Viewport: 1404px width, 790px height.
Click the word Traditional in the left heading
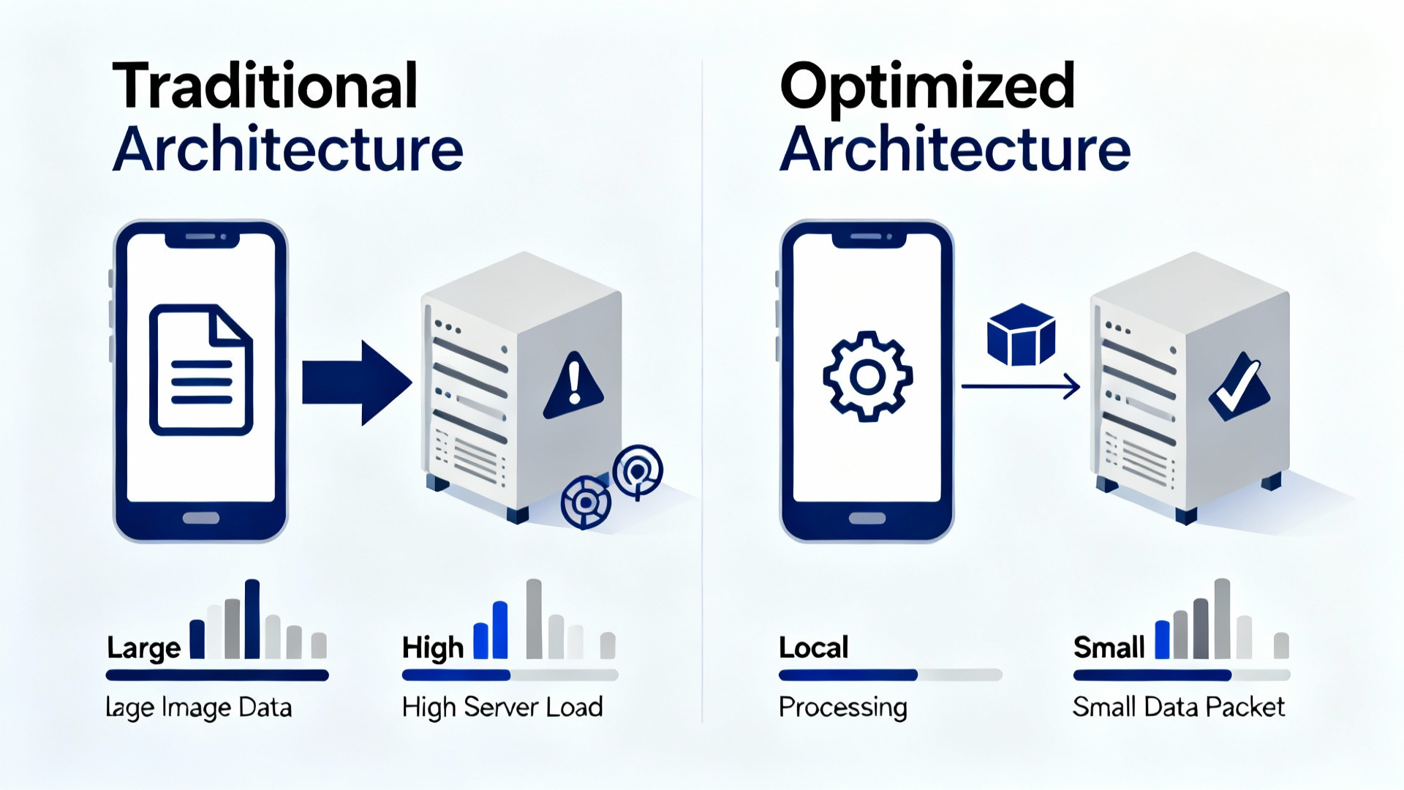(265, 86)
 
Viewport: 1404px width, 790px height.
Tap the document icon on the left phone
(201, 370)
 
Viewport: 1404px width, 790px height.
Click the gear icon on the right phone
(867, 376)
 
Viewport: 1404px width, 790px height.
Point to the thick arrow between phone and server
(355, 383)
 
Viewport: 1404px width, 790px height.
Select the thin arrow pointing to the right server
(1020, 385)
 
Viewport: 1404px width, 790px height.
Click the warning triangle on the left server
(574, 385)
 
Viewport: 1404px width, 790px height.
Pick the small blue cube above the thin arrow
(1021, 334)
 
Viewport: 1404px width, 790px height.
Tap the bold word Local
(813, 647)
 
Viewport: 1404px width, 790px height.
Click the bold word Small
(1109, 647)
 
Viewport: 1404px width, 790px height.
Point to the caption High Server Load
(502, 707)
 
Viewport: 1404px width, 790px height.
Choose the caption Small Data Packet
(1178, 707)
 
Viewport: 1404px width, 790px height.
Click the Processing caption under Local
(842, 707)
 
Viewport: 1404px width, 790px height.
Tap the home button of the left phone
(201, 518)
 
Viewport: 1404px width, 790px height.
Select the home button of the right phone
(867, 518)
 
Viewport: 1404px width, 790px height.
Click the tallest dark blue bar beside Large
(252, 619)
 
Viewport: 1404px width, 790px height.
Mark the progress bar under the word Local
(890, 675)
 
